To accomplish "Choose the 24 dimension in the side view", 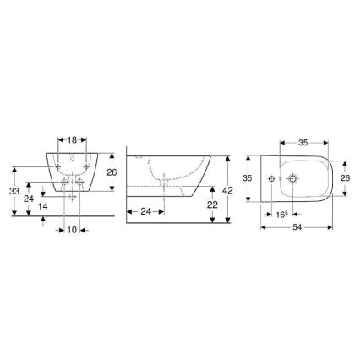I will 146,211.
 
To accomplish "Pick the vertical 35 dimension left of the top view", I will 248,178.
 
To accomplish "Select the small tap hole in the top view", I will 272,178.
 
